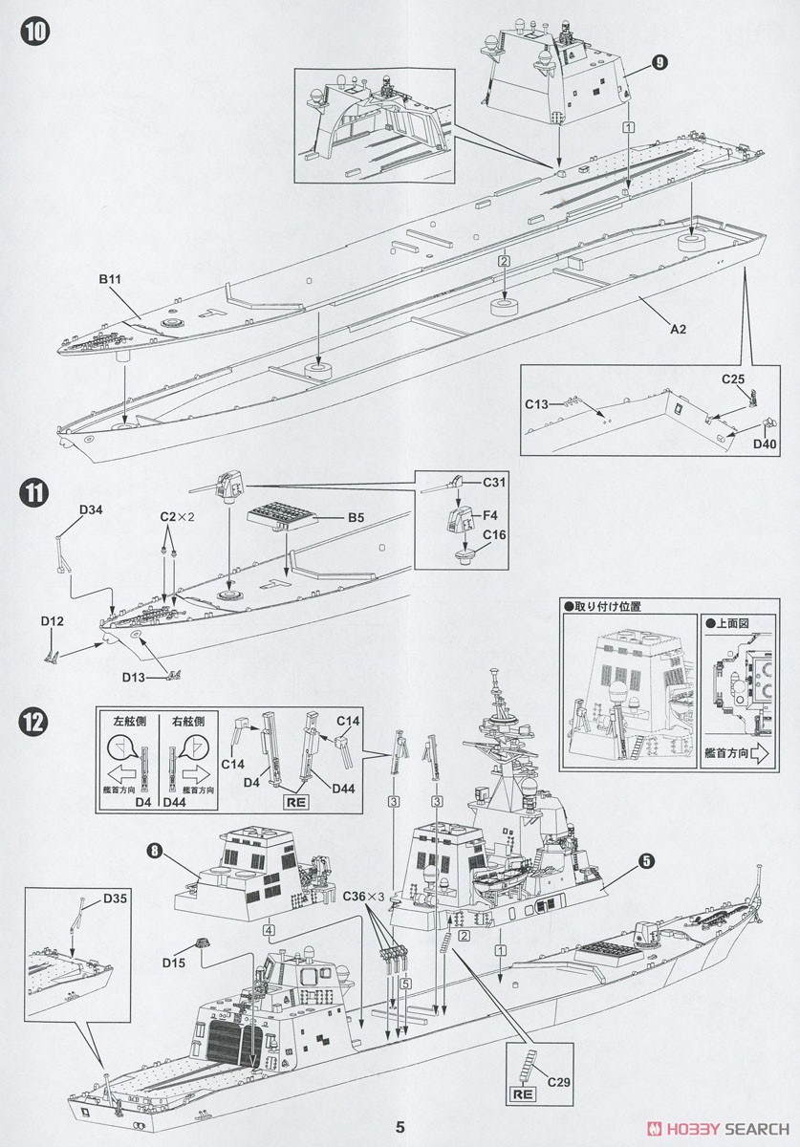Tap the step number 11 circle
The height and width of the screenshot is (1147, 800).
point(33,493)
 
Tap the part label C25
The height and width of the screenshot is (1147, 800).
point(732,379)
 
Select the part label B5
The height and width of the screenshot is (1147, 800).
point(355,518)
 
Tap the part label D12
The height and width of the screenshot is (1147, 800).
point(53,621)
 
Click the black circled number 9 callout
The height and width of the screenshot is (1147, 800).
point(658,62)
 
